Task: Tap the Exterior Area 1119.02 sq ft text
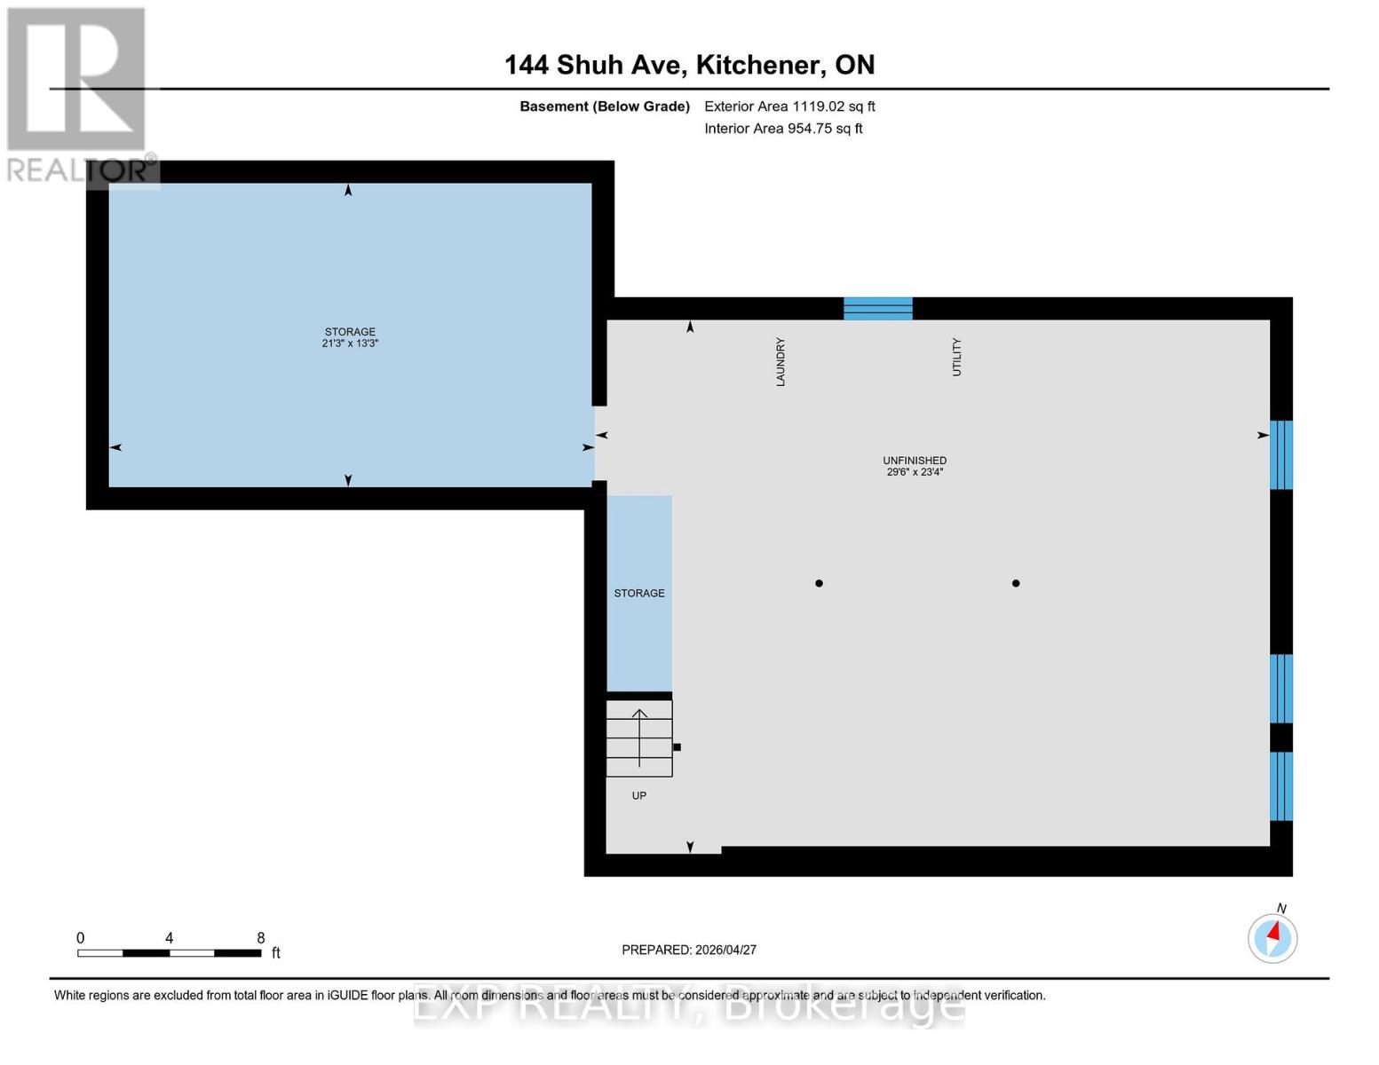click(x=789, y=106)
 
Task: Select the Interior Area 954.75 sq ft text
click(x=783, y=129)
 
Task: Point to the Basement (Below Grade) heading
click(x=605, y=106)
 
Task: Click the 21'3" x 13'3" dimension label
click(x=350, y=343)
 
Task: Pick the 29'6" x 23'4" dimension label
click(x=915, y=472)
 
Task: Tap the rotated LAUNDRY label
click(x=781, y=361)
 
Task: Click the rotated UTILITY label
click(x=956, y=357)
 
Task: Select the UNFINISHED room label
click(x=915, y=461)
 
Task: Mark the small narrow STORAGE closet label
click(x=639, y=593)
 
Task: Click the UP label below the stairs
click(x=639, y=796)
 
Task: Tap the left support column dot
click(x=819, y=583)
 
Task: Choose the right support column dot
click(x=1016, y=583)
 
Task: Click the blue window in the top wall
click(x=878, y=309)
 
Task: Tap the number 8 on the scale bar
click(x=261, y=938)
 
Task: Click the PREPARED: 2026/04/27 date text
click(x=689, y=950)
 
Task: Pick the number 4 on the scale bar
click(x=169, y=938)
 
